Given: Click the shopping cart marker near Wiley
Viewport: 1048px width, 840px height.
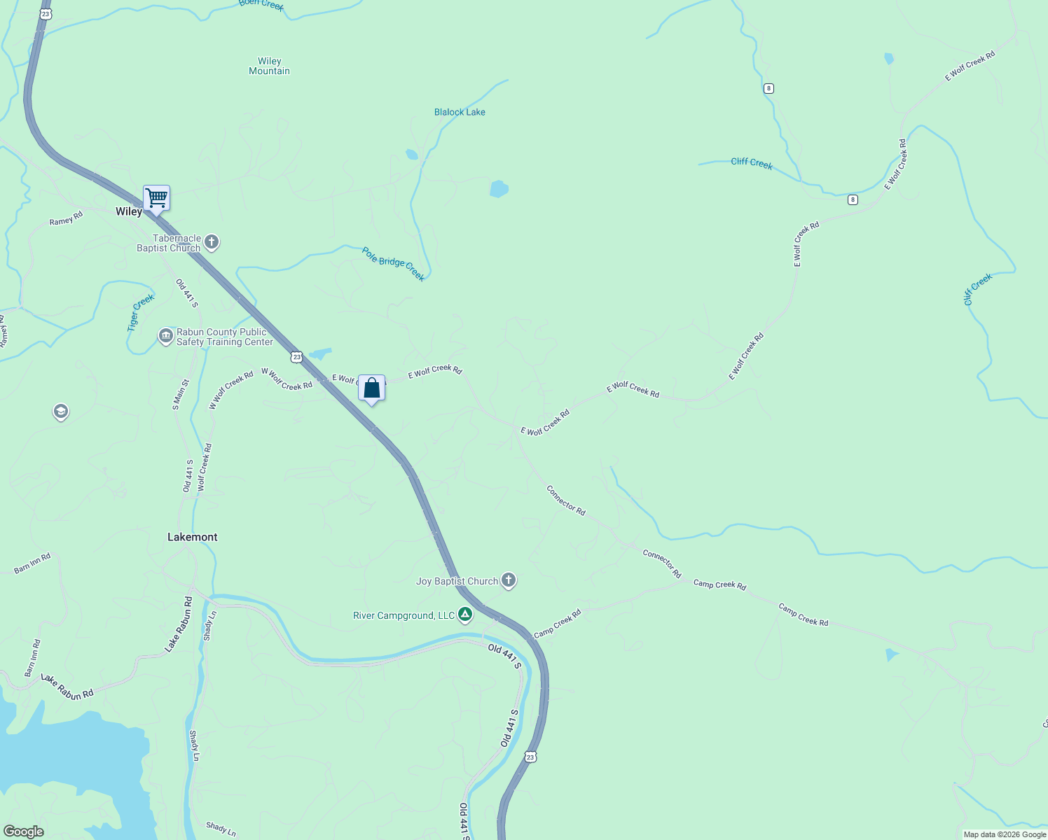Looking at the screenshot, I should click(156, 198).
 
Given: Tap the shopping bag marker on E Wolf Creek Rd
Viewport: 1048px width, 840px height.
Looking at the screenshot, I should click(371, 388).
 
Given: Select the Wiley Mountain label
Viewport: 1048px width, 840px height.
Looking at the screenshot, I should click(269, 66).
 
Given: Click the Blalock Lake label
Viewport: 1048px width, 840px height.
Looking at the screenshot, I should click(460, 112).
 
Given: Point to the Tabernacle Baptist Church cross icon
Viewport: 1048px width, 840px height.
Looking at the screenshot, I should click(212, 242).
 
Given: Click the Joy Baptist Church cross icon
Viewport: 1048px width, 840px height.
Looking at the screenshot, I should click(509, 580).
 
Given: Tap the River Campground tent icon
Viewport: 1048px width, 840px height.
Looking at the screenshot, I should click(464, 615).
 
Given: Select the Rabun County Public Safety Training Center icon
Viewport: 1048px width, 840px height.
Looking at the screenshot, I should click(166, 336).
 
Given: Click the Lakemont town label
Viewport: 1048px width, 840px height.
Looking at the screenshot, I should click(192, 537).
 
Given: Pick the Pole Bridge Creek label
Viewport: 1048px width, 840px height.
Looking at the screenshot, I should click(394, 264).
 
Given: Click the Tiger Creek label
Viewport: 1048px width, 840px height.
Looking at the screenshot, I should click(140, 312).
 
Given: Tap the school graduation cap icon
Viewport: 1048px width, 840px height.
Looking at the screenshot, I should click(61, 412).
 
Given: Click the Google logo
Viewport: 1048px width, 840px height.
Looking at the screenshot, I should click(23, 832).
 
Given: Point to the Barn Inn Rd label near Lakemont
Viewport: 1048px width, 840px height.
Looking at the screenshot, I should click(32, 563).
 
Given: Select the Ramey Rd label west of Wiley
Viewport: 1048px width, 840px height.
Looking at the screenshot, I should click(66, 218).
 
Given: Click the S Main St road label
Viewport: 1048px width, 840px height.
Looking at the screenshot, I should click(181, 394).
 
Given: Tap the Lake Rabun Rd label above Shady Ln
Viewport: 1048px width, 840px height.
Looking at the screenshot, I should click(179, 624).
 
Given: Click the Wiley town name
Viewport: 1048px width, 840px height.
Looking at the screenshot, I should click(129, 211).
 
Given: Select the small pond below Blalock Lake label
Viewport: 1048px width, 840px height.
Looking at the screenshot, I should click(498, 189).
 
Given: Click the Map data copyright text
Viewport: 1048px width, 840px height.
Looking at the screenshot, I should click(1005, 834).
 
